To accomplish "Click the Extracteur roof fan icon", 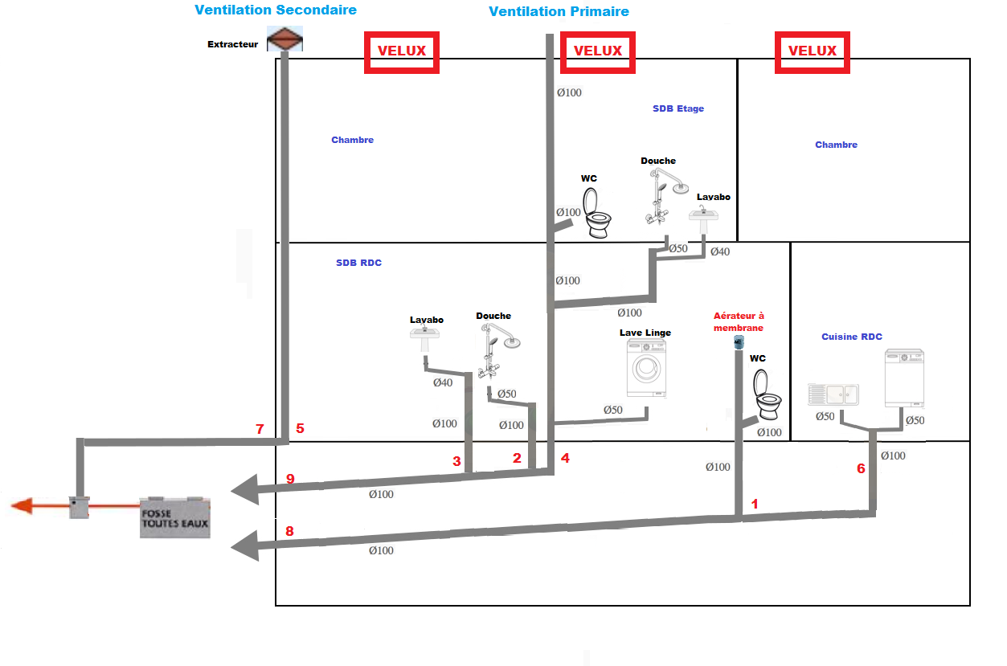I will click(x=284, y=39).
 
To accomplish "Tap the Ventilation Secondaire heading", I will click(x=276, y=10).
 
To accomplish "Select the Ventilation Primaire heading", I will click(x=559, y=11).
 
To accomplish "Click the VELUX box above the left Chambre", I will click(x=402, y=51).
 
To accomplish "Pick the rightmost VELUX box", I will click(x=813, y=51).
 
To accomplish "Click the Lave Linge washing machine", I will click(x=646, y=368).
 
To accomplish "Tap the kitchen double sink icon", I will click(x=833, y=394).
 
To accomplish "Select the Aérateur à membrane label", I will click(x=739, y=321).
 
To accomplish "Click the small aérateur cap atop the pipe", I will click(x=739, y=343).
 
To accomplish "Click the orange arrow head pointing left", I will click(x=22, y=505).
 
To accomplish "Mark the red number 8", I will click(x=290, y=531).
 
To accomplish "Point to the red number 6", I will click(x=861, y=468).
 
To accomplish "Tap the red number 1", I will click(x=754, y=504).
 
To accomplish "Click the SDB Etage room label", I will click(x=678, y=108).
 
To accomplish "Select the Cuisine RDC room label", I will click(x=852, y=337).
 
